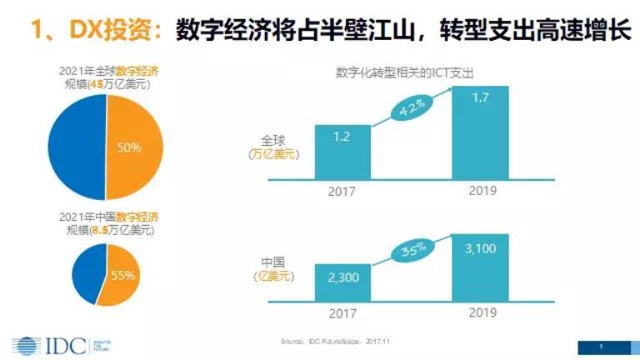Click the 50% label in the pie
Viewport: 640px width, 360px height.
128,147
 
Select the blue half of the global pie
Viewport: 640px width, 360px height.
75,147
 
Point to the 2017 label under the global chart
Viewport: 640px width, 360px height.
342,191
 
